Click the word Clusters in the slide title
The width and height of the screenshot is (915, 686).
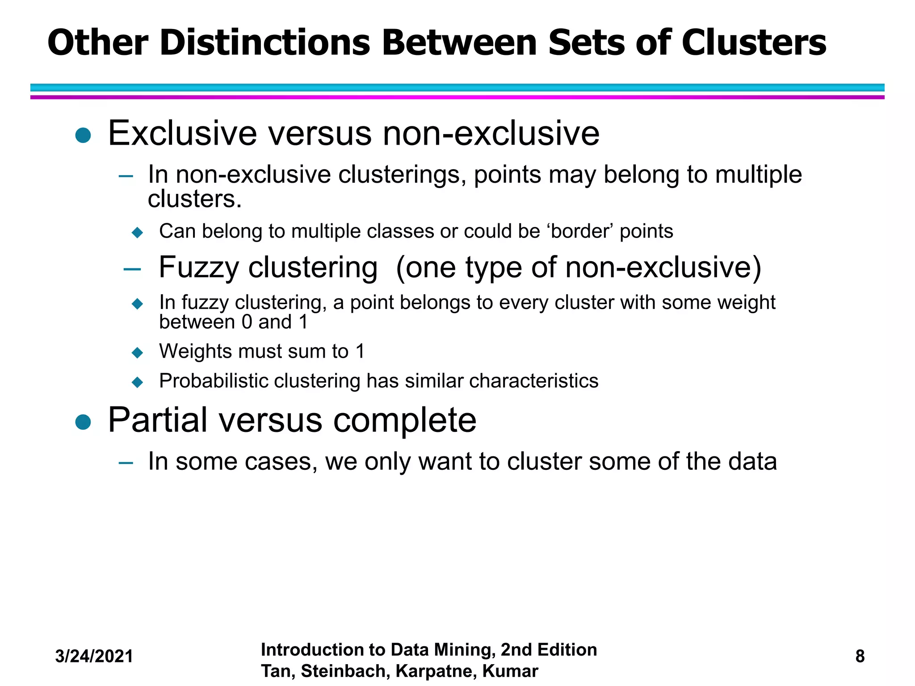pos(754,43)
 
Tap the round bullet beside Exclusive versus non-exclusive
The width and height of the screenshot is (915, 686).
pos(83,135)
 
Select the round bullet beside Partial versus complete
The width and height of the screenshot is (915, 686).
pos(83,422)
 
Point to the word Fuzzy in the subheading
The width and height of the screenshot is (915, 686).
pos(199,268)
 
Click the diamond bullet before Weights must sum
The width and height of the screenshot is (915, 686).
pos(138,353)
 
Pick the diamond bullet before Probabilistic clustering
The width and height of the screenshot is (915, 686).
pos(138,382)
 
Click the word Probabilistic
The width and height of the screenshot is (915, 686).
pos(214,381)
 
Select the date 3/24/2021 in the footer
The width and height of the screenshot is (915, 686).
pos(94,657)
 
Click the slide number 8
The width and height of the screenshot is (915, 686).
pos(860,657)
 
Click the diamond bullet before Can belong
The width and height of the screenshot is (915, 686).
pos(138,233)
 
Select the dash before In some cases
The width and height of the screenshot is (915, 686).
pos(126,463)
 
